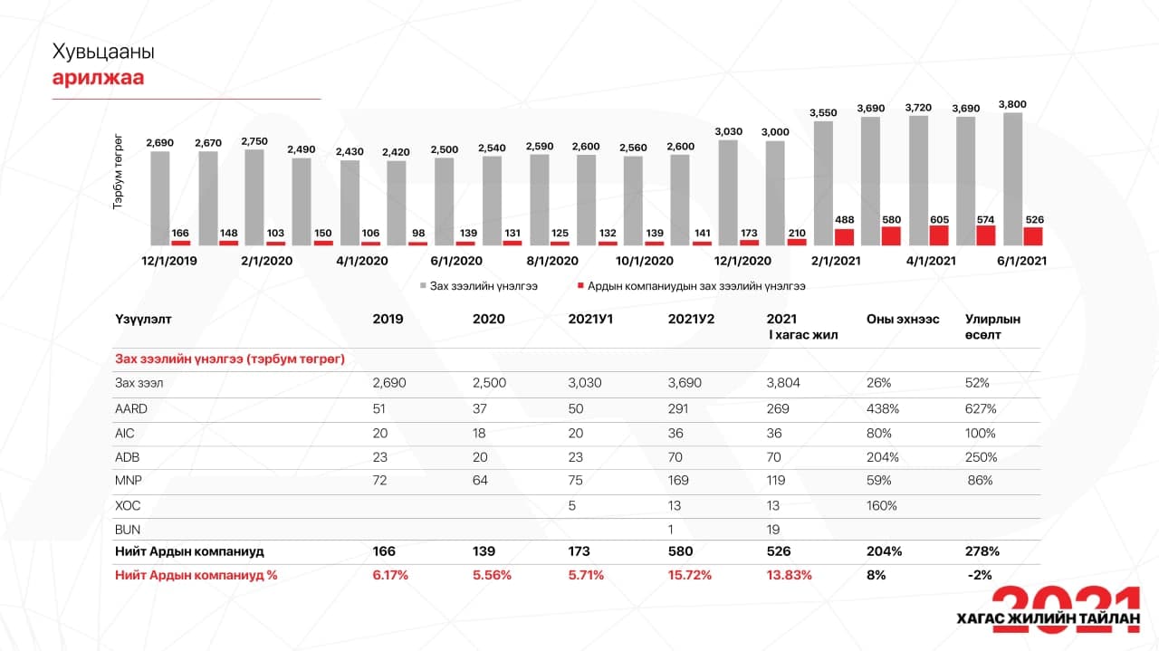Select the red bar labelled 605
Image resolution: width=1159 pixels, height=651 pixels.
[x=939, y=235]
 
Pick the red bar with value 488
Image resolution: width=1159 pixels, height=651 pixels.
[x=844, y=237]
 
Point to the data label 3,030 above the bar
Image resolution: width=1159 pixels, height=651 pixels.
[x=728, y=132]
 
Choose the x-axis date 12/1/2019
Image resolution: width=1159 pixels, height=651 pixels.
[x=168, y=261]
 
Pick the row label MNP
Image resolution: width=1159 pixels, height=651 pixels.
[x=128, y=481]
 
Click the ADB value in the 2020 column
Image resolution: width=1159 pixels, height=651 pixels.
[x=484, y=457]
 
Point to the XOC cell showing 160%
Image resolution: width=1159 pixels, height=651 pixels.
[x=881, y=505]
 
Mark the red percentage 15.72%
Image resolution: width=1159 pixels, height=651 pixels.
[x=690, y=575]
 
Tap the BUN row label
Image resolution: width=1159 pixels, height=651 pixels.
[x=128, y=530]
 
